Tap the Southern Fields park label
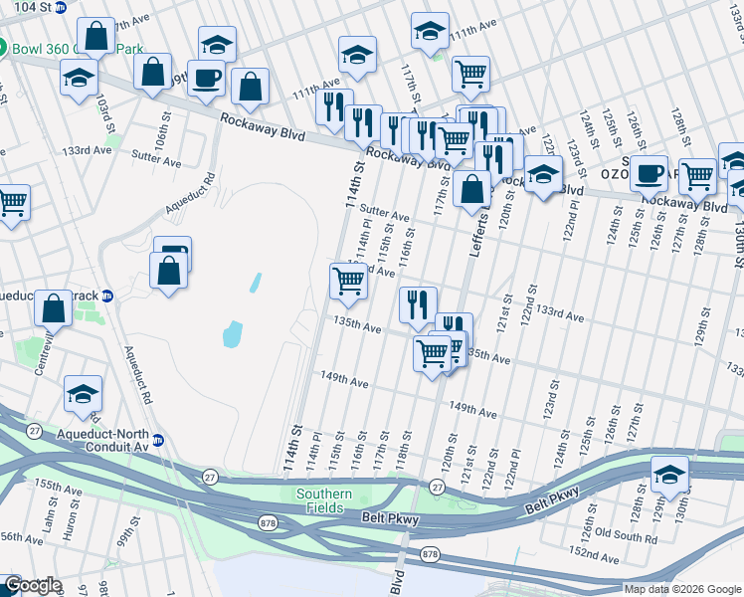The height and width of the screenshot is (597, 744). pyautogui.click(x=323, y=501)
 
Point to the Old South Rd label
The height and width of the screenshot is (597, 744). pyautogui.click(x=623, y=538)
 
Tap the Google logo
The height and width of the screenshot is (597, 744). pyautogui.click(x=33, y=585)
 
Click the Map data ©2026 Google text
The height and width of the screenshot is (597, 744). pyautogui.click(x=681, y=588)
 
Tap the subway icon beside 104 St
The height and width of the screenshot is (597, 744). pyautogui.click(x=61, y=7)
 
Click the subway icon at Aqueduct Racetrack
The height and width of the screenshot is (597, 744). pyautogui.click(x=108, y=296)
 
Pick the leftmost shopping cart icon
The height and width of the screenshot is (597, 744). pyautogui.click(x=12, y=203)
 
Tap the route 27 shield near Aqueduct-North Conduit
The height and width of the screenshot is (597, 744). pyautogui.click(x=35, y=430)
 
